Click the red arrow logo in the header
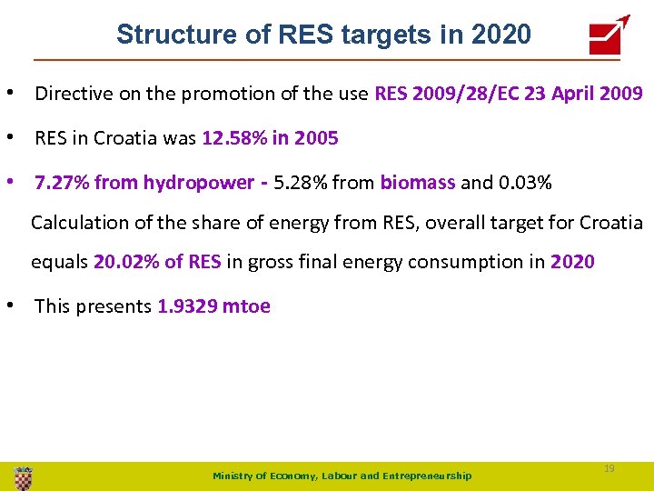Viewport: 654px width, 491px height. pos(609,35)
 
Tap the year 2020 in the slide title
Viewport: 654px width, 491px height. pos(501,35)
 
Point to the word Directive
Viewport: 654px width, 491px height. pos(74,93)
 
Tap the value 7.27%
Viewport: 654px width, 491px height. pos(62,183)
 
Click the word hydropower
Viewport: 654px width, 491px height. pos(199,183)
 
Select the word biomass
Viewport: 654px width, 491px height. pos(418,183)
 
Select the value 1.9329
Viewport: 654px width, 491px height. pos(187,306)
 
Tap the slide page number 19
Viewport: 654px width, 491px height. pos(609,467)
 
